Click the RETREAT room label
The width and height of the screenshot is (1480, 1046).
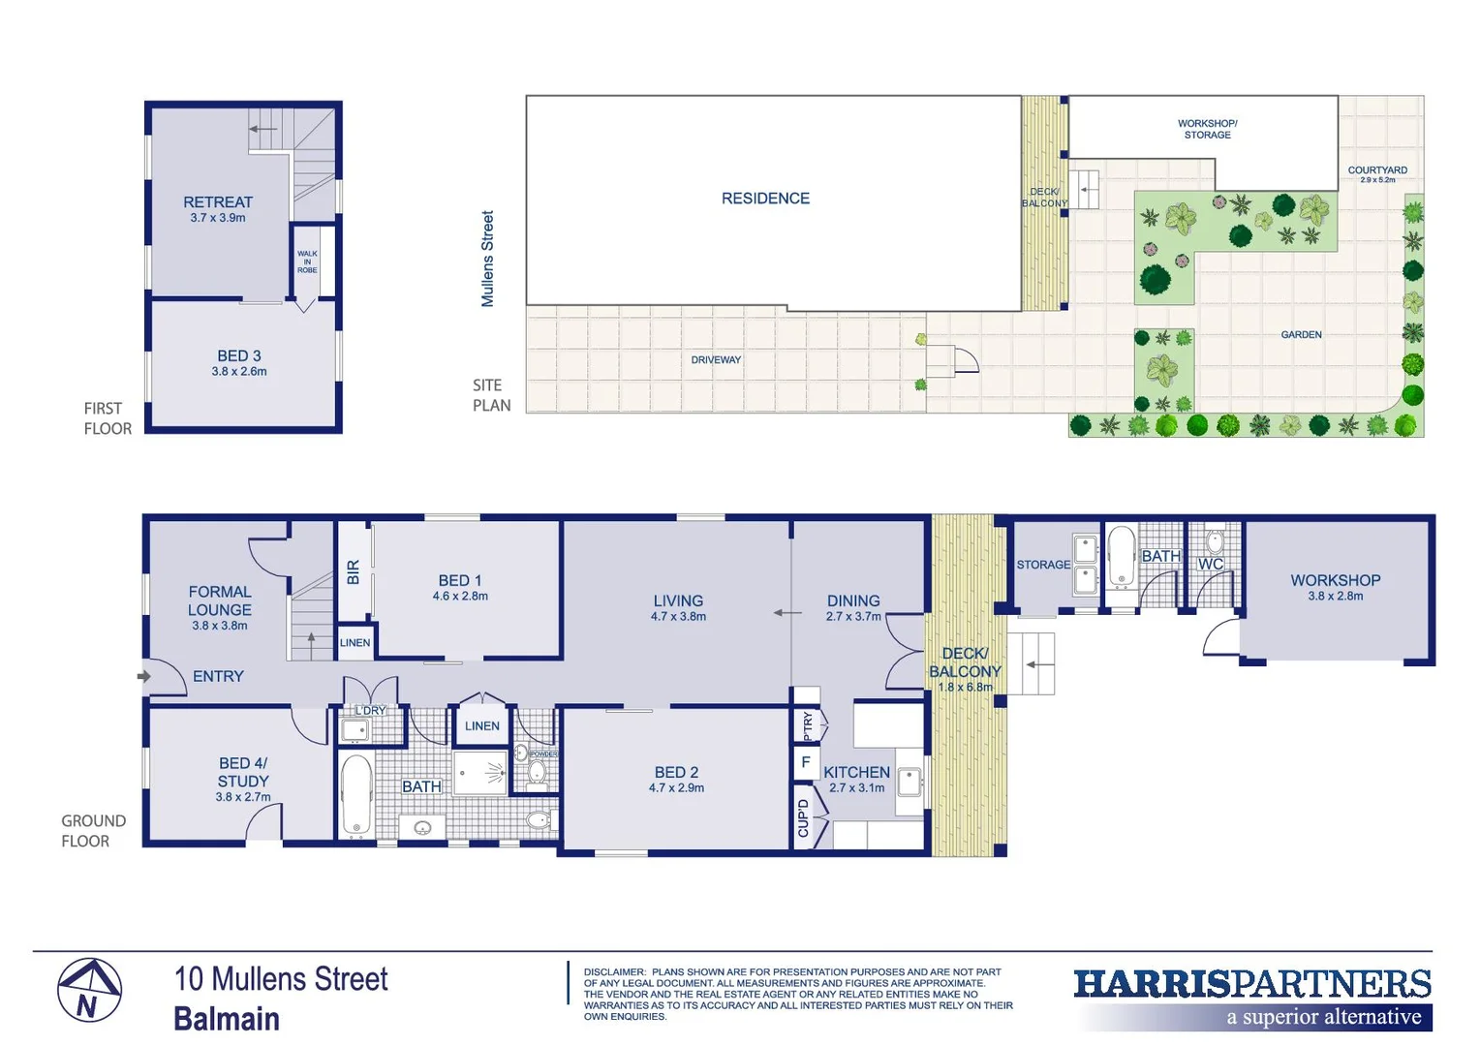218,202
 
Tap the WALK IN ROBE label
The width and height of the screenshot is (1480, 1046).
307,261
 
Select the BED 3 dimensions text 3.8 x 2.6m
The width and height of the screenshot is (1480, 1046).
239,372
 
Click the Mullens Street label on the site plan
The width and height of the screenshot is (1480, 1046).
487,259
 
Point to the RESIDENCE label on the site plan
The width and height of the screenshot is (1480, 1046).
765,199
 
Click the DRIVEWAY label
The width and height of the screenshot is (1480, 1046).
716,360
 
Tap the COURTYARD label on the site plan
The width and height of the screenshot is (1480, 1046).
1377,170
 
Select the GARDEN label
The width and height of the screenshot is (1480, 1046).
1301,335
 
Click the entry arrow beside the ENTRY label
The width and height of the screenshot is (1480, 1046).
144,676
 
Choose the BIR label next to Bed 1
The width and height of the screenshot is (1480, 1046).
354,572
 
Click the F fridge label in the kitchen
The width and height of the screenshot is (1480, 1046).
805,762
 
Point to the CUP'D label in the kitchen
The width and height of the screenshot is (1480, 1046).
803,818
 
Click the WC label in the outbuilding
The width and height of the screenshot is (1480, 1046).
1211,565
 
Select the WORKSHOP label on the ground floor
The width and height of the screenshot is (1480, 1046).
1335,580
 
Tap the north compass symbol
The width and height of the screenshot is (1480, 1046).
89,991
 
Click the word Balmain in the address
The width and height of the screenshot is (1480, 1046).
227,1019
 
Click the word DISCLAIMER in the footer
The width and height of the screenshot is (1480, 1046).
614,971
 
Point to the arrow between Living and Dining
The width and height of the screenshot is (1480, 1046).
786,612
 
